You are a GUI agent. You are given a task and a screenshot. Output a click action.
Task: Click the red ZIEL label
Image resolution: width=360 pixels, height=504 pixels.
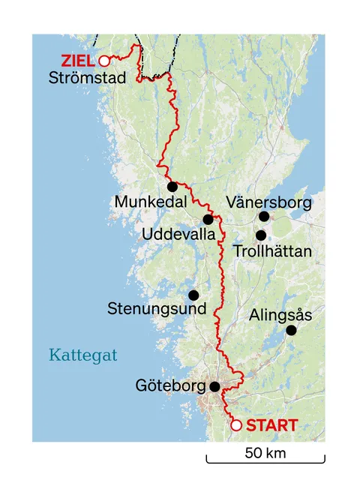coord(79,60)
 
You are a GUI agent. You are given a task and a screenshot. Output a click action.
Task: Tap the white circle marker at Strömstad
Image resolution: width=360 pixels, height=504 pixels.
coord(104,61)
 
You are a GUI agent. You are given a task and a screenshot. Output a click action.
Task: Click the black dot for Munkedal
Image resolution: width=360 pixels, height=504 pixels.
coord(172,187)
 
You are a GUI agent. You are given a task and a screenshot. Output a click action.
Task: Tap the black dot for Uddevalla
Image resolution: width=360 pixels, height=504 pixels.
coord(208,219)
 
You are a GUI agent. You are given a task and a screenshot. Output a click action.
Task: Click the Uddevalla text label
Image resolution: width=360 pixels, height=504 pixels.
coord(179,235)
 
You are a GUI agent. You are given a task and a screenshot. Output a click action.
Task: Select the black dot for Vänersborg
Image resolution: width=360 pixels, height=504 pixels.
coord(264,217)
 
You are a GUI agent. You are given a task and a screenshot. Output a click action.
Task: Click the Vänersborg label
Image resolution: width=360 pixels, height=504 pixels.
coord(268,201)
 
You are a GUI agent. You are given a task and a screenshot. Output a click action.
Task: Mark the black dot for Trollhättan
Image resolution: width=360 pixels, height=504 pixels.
coord(261,235)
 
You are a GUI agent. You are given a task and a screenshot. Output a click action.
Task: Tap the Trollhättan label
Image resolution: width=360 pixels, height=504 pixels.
coord(271,251)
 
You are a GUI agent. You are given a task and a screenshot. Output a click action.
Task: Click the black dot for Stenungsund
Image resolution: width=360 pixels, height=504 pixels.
coord(193,295)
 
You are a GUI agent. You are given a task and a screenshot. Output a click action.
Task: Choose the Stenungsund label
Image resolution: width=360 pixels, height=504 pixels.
coord(157,308)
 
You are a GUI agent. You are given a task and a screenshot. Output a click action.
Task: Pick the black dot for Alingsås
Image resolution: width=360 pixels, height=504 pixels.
coord(292,330)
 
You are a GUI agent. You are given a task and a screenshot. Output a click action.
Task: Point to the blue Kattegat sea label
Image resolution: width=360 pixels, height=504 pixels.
coord(83,354)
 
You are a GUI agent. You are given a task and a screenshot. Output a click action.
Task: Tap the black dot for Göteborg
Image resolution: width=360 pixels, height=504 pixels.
coord(214,387)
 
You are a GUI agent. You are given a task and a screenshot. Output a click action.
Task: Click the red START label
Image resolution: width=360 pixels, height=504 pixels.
coord(271,425)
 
